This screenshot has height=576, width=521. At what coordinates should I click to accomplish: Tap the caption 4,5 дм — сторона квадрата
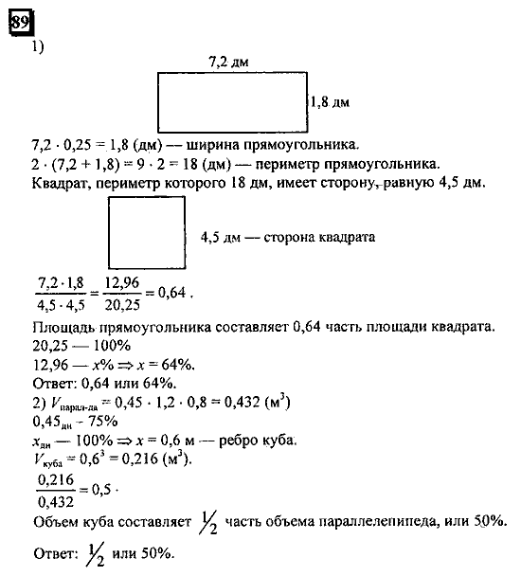[x=288, y=237]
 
